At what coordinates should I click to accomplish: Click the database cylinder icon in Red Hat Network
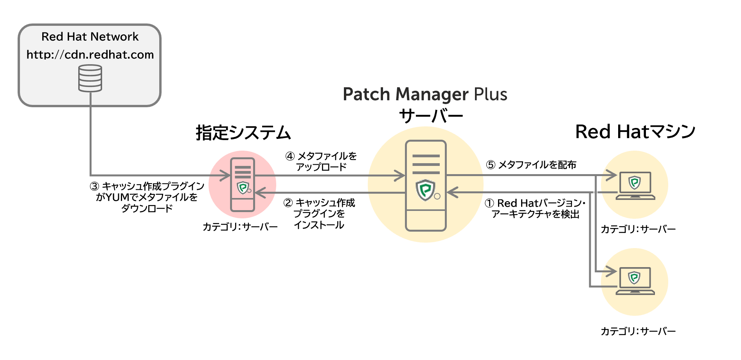(90, 78)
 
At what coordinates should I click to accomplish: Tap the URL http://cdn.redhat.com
(90, 55)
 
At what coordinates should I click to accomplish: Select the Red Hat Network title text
(90, 37)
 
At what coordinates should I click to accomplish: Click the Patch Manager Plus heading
(425, 94)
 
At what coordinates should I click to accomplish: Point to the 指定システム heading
(243, 133)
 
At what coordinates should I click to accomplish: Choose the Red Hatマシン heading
(635, 132)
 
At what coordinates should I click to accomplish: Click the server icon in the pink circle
(243, 184)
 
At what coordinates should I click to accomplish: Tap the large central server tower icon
(426, 185)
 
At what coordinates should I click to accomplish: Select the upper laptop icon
(635, 185)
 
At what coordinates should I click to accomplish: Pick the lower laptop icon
(635, 281)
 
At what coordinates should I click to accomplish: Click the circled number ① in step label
(489, 203)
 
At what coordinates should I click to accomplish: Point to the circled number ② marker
(288, 203)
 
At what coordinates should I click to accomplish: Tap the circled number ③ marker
(95, 186)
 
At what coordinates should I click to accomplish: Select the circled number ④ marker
(290, 157)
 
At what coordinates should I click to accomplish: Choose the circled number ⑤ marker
(491, 165)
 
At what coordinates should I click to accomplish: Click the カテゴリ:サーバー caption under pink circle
(240, 227)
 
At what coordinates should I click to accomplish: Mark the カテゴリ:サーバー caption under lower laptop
(638, 331)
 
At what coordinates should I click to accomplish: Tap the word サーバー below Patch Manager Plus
(431, 116)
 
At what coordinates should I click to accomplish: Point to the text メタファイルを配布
(537, 165)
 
